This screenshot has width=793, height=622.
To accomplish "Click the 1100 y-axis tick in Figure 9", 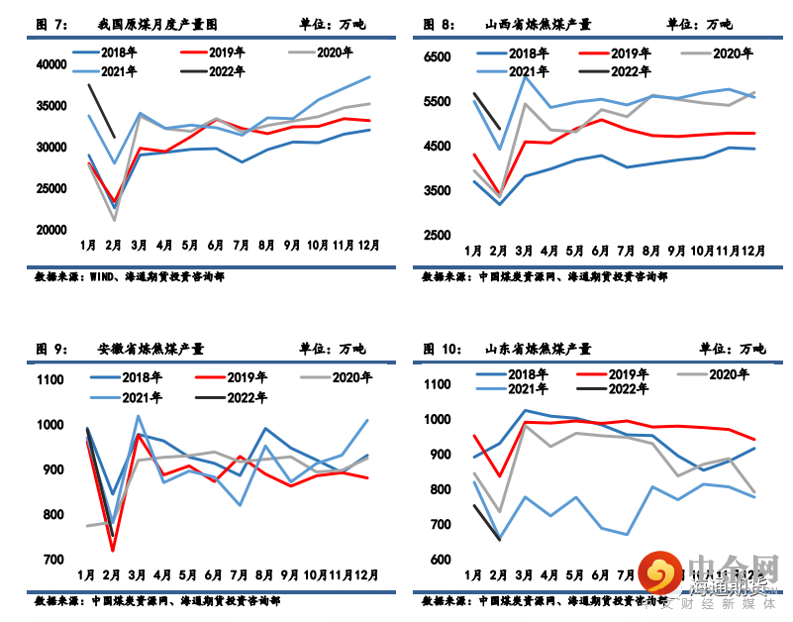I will tap(50, 380).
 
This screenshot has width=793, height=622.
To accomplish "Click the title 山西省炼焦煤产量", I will tap(539, 24).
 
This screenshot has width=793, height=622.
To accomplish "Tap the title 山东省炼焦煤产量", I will tap(539, 349).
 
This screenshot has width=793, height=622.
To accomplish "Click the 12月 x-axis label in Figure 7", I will tap(366, 244).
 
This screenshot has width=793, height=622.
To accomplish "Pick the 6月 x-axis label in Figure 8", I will tap(599, 250).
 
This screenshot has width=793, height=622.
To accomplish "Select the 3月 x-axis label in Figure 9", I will tap(138, 574).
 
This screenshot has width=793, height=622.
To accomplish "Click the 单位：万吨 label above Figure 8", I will tap(700, 24).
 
